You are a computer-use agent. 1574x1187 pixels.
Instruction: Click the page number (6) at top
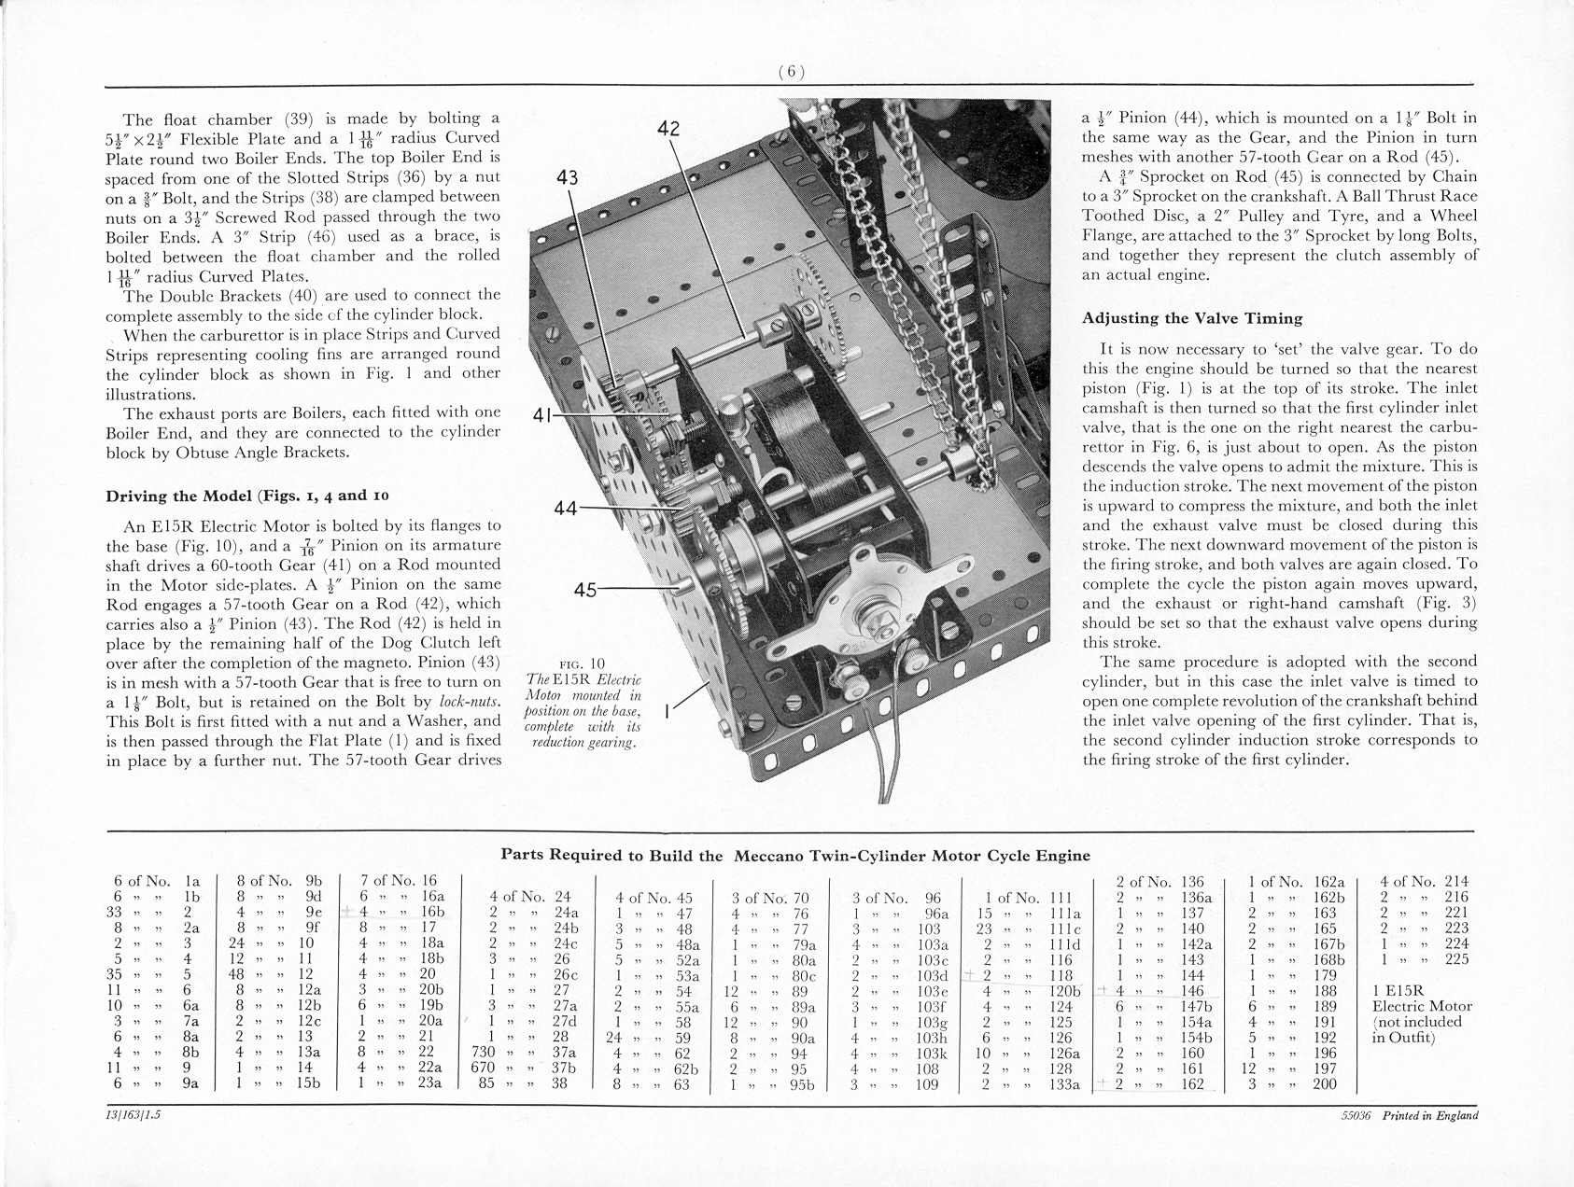coord(791,73)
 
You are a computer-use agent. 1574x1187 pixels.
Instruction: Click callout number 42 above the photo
coord(668,129)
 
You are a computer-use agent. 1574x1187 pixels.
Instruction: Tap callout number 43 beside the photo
coord(567,177)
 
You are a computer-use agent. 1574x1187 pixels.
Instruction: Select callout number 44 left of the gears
coord(566,509)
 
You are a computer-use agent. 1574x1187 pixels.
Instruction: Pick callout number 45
coord(585,590)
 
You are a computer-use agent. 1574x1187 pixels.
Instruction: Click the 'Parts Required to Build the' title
coord(611,855)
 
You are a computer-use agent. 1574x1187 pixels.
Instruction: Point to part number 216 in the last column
coord(1456,897)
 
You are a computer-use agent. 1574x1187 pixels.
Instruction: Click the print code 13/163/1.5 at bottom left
coord(133,1116)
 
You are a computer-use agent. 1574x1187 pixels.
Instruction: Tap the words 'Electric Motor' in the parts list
coord(1422,1006)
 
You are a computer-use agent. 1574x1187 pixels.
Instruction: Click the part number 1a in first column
coord(193,881)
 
